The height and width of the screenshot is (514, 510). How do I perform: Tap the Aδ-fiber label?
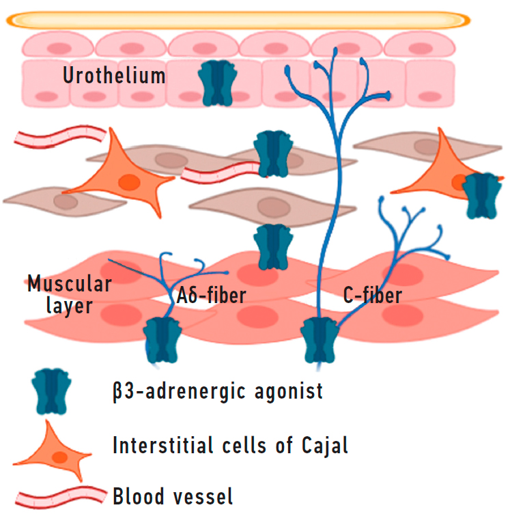[212, 296]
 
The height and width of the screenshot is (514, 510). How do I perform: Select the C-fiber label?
[373, 296]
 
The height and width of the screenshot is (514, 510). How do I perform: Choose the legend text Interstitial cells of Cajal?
[231, 447]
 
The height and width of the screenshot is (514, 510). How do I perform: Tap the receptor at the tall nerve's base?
[321, 339]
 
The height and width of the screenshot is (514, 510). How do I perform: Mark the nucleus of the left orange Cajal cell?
[127, 181]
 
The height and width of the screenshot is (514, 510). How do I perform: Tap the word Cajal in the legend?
[324, 447]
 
